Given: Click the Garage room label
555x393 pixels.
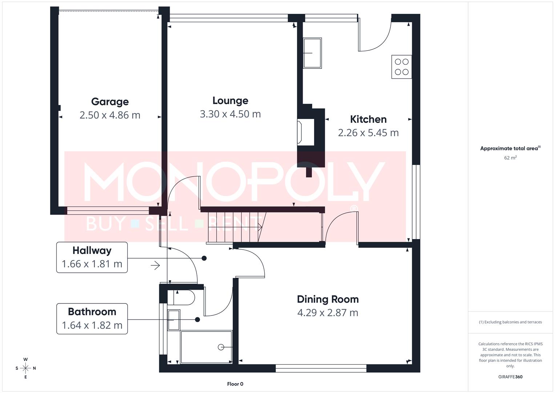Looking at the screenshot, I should [x=110, y=102].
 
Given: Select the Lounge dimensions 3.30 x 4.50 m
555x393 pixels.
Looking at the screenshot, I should [x=230, y=114].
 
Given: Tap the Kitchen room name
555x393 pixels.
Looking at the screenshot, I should [x=368, y=119].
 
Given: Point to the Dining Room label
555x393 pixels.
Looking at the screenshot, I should [x=327, y=299].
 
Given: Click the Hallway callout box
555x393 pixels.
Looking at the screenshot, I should [x=92, y=257].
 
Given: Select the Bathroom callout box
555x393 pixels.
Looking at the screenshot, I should [x=92, y=319].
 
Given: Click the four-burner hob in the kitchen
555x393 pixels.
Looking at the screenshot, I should [x=402, y=67].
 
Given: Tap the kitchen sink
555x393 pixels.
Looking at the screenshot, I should [x=312, y=53].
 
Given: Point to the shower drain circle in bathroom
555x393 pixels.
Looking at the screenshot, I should [x=221, y=347].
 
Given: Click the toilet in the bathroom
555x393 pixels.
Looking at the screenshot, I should [x=185, y=298].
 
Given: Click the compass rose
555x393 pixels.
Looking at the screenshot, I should [x=25, y=368].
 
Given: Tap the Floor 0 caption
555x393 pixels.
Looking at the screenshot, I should [x=235, y=384].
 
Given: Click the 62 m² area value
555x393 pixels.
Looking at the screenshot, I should [x=510, y=158].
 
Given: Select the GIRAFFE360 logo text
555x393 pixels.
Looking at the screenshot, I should [x=510, y=377].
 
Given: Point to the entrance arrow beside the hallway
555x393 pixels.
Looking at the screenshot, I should [x=156, y=265].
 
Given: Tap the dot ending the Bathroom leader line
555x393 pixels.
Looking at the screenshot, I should [x=197, y=319].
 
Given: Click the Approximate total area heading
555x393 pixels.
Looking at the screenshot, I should [x=510, y=148].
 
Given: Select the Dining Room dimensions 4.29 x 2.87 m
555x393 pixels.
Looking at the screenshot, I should [x=327, y=313].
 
